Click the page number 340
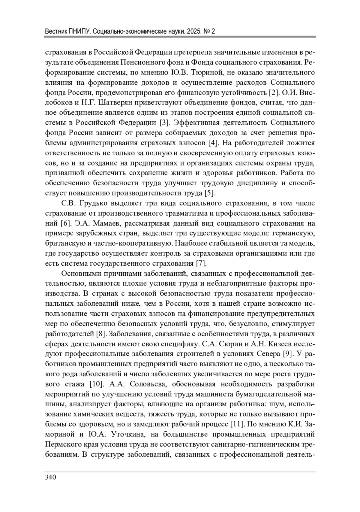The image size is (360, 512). click(50, 477)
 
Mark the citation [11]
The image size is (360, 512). click(236, 424)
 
